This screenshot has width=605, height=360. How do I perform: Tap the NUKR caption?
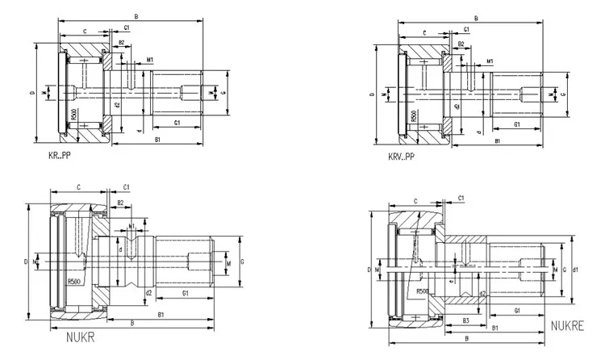81,337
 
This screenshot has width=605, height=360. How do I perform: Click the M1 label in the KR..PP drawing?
150,60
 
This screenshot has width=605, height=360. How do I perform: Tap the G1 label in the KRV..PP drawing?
516,126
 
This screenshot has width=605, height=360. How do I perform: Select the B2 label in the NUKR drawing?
120,203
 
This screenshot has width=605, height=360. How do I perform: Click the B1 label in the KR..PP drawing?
159,140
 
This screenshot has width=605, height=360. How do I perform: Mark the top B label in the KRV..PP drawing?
477,18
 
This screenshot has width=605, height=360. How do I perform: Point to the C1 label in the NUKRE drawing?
461,197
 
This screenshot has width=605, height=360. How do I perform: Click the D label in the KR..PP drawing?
32,94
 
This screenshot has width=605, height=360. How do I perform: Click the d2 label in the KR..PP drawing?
118,105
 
